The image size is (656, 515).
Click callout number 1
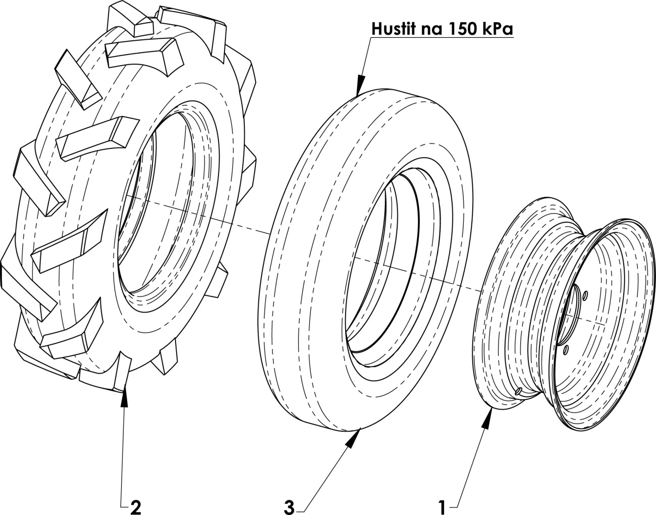coord(442,507)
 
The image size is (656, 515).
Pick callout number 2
coord(135,507)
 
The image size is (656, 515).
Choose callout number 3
coord(289,507)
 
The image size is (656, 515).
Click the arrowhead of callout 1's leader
coord(488,418)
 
